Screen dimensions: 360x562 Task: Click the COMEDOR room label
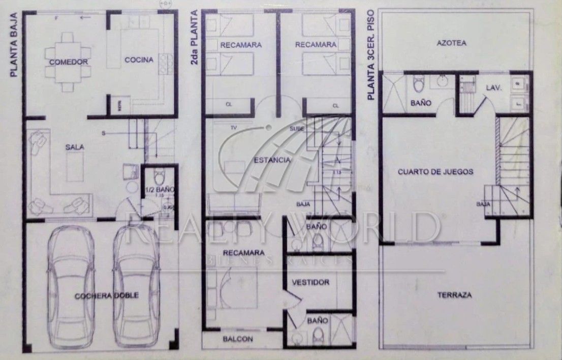pos(69,62)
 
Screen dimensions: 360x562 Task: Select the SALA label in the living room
pos(74,147)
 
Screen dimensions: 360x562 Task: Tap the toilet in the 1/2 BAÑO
pos(159,177)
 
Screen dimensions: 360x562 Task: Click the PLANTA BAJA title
pos(14,46)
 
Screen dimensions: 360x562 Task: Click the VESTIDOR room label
pos(310,282)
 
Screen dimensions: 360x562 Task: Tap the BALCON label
pos(238,339)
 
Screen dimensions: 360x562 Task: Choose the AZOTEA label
pos(451,43)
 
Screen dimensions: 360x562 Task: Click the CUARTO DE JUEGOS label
pos(435,172)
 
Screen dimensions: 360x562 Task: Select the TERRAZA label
pos(454,295)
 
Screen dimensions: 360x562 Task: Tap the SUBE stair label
pos(297,129)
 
